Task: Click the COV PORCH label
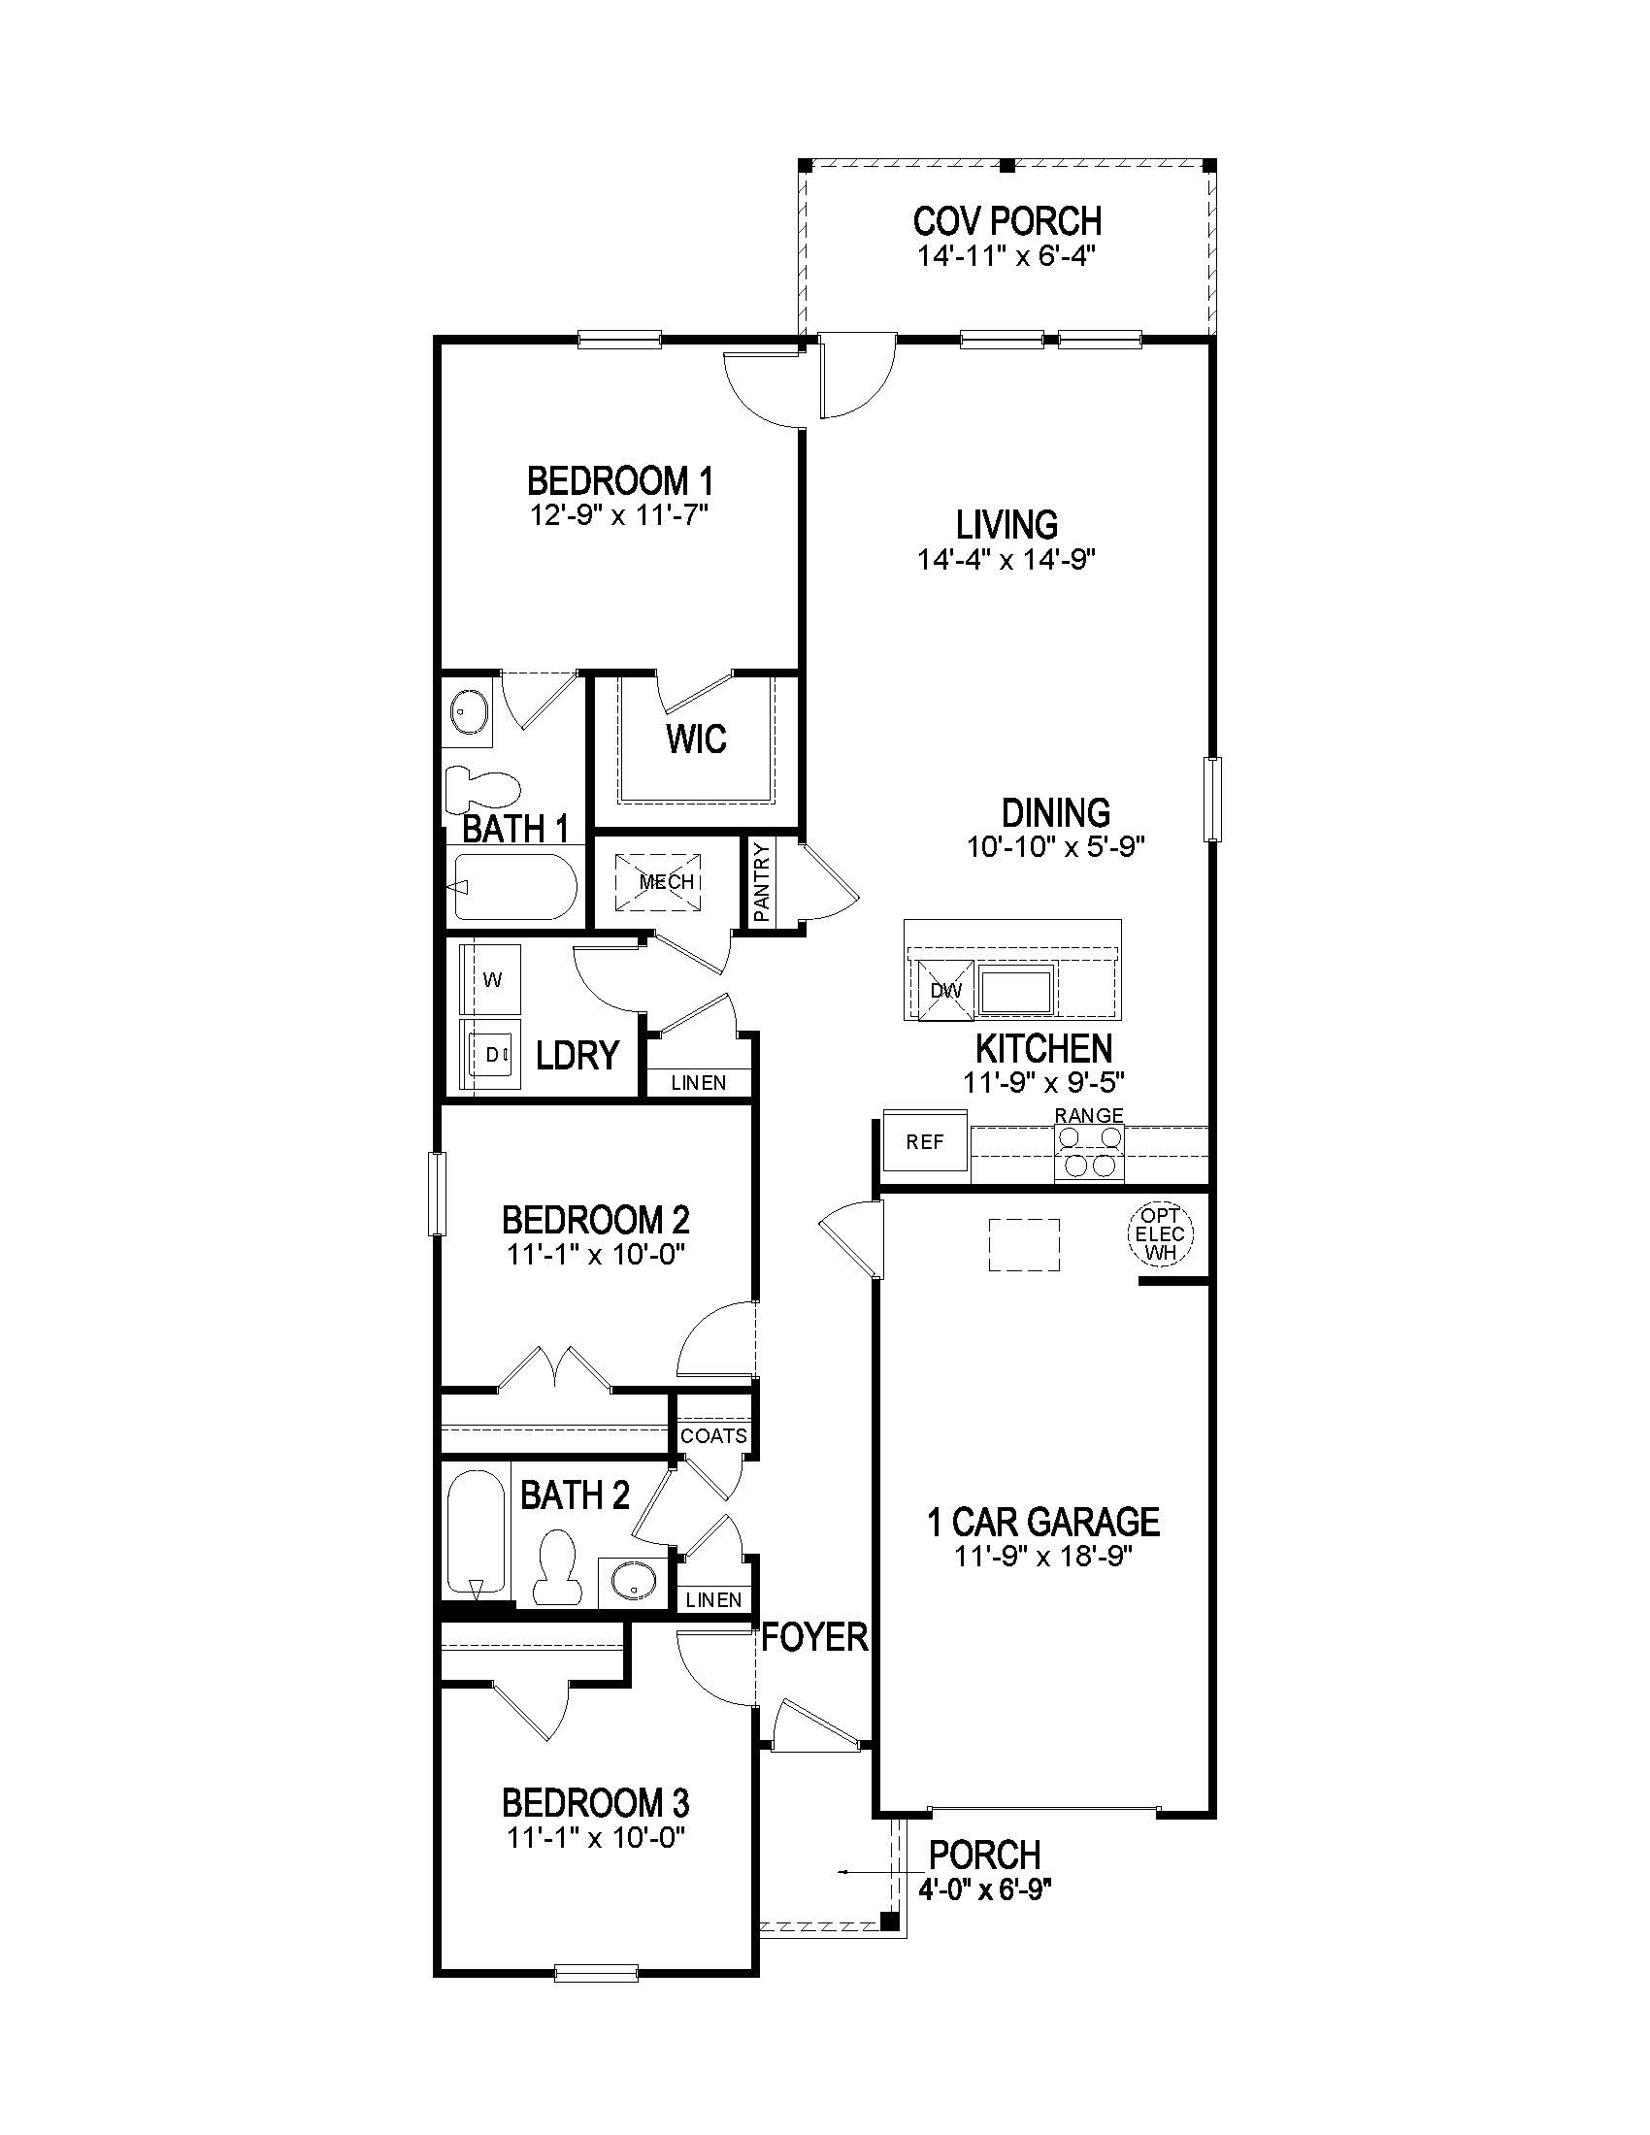pyautogui.click(x=1006, y=221)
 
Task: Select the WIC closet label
pyautogui.click(x=696, y=740)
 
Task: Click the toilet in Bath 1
pyautogui.click(x=482, y=789)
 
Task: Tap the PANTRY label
pyautogui.click(x=763, y=883)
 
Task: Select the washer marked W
pyautogui.click(x=493, y=979)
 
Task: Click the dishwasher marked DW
pyautogui.click(x=945, y=990)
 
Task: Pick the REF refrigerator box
pyautogui.click(x=925, y=1141)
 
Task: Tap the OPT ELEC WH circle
pyautogui.click(x=1160, y=1233)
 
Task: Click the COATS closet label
pyautogui.click(x=713, y=1436)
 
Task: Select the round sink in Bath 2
pyautogui.click(x=633, y=1580)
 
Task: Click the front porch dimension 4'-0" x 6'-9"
pyautogui.click(x=984, y=1890)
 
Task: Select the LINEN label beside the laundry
pyautogui.click(x=699, y=1082)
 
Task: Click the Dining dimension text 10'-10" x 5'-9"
pyautogui.click(x=1056, y=846)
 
